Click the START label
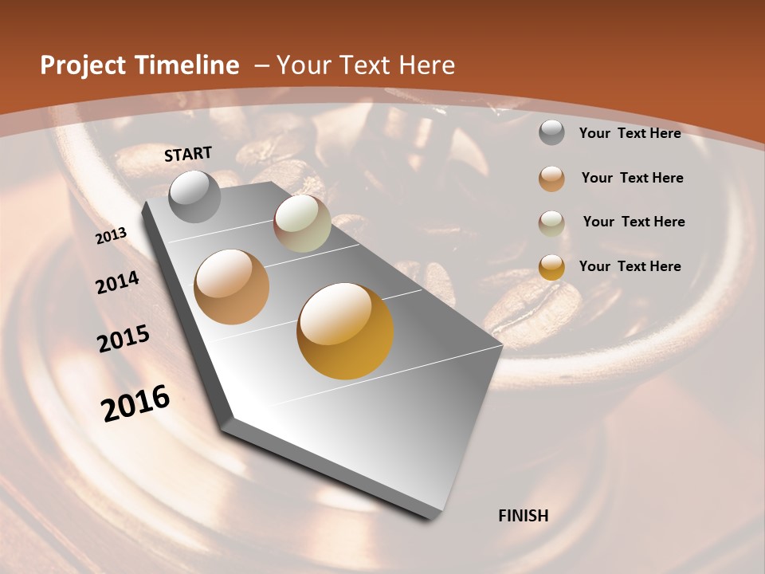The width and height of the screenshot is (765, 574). (x=188, y=154)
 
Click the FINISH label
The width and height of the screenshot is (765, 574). (x=524, y=516)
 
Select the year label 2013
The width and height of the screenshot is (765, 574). (x=112, y=236)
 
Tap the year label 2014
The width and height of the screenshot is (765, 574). (x=118, y=283)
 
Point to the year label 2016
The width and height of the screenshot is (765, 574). (x=135, y=403)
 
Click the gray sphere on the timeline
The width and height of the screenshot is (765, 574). (x=195, y=196)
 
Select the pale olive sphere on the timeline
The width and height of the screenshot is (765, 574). (x=302, y=223)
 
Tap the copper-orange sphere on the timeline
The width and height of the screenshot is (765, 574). (x=232, y=287)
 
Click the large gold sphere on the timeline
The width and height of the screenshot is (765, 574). (x=345, y=331)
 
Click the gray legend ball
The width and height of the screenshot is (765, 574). (x=551, y=133)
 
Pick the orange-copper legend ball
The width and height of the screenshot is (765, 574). (x=551, y=179)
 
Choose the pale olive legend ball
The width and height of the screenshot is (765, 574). (x=551, y=222)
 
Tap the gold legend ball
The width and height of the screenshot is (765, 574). (x=551, y=267)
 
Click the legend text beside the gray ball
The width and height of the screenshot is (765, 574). (x=630, y=133)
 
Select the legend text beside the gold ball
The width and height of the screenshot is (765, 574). (x=630, y=266)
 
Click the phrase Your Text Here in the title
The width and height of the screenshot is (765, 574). (x=366, y=65)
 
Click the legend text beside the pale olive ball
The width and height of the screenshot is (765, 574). (x=634, y=222)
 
